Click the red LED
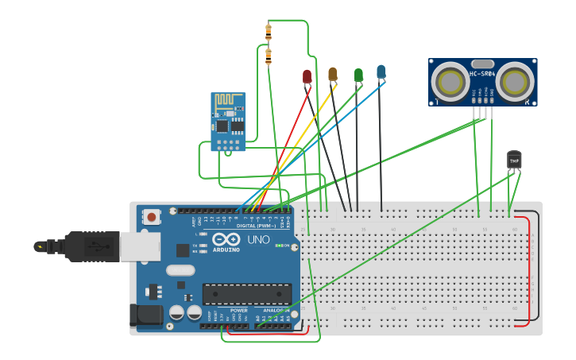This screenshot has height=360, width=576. tap(307, 76)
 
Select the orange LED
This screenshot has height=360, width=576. tap(333, 74)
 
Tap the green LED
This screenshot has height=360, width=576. tap(358, 75)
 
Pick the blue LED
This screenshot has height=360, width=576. tap(381, 72)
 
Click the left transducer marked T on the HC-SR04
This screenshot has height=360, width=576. tap(450, 81)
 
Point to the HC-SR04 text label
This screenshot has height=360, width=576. tap(482, 75)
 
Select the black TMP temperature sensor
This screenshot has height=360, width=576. tap(514, 160)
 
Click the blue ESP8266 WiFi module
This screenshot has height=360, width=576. tap(228, 120)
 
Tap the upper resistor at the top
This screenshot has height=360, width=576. tap(268, 32)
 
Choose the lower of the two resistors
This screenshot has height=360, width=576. tap(268, 56)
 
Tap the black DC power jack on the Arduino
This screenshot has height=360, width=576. tap(150, 316)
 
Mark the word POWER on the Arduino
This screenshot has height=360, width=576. tap(238, 311)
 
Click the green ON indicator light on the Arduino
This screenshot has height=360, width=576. tap(278, 246)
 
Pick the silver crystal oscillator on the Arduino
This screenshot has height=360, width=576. tap(180, 269)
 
